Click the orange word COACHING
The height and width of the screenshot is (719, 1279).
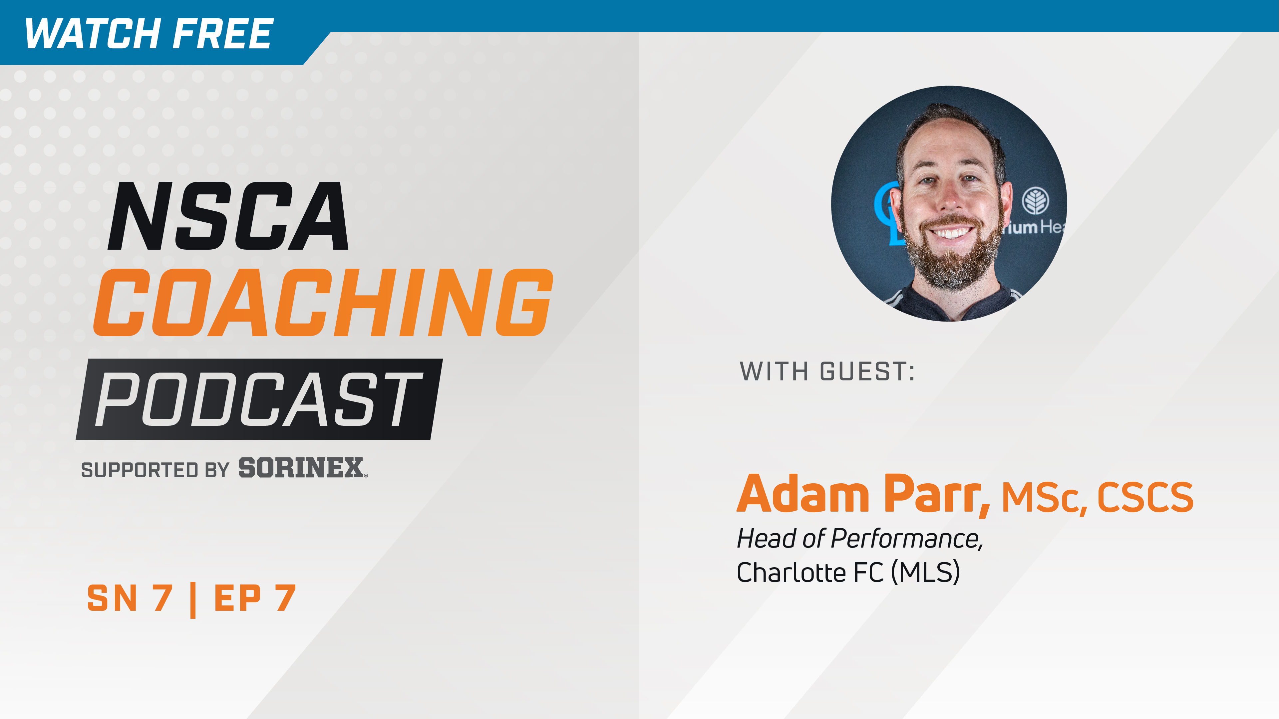click(323, 303)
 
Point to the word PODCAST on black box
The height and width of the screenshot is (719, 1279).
click(258, 399)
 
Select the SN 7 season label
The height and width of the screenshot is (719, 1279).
click(130, 598)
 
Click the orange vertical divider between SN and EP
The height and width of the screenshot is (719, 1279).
click(193, 600)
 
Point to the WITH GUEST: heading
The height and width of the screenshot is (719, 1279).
click(827, 371)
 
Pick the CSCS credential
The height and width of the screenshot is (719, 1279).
click(1145, 497)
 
